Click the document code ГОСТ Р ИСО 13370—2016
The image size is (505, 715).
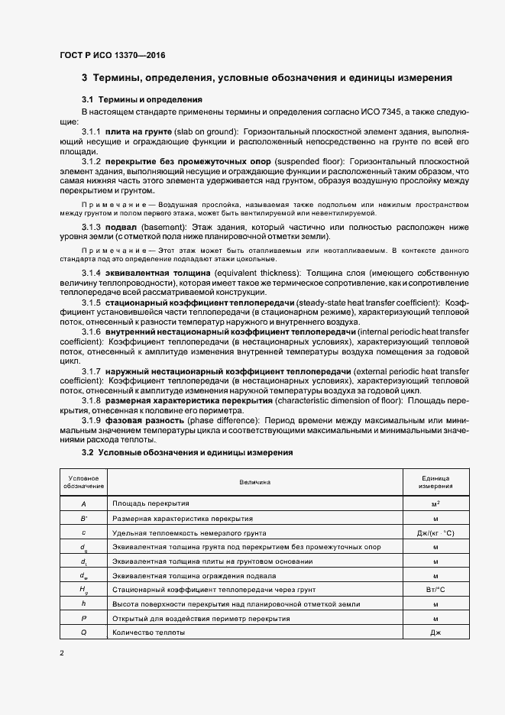tap(112, 55)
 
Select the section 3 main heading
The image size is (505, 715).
tap(267, 78)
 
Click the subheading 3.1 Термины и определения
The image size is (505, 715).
tap(141, 100)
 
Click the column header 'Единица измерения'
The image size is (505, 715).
tap(435, 482)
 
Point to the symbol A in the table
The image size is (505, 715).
tap(83, 504)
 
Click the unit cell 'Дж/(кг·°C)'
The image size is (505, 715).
tap(435, 532)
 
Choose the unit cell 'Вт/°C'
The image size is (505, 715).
tap(435, 590)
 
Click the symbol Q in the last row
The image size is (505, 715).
tap(83, 632)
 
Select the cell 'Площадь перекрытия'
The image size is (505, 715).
tap(151, 504)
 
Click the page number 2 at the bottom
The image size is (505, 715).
tap(62, 653)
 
